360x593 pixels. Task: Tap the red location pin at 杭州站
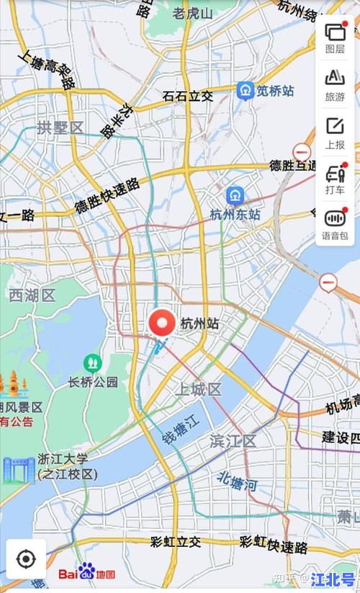[x=162, y=323]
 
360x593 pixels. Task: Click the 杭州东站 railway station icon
[x=235, y=195]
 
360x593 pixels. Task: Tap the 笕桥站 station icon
[x=246, y=91]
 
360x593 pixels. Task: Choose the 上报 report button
[x=335, y=133]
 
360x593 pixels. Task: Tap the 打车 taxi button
[x=335, y=179]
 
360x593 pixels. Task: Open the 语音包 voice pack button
[x=335, y=224]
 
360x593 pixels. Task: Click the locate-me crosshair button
[x=26, y=558]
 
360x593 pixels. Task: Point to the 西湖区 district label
[x=32, y=295]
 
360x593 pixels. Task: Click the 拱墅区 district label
[x=60, y=128]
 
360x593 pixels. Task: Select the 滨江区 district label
[x=233, y=440]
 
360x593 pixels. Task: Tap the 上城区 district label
[x=199, y=390]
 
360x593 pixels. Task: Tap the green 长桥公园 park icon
[x=92, y=362]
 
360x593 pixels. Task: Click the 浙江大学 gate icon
[x=18, y=469]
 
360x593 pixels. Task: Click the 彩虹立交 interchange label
[x=176, y=542]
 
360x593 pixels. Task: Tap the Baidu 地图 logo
[x=87, y=574]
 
